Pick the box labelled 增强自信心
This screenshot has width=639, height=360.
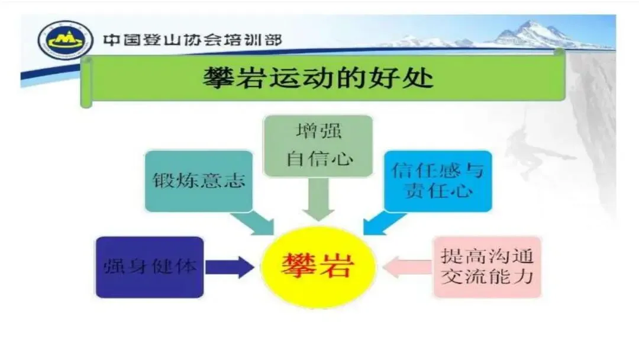point(318,146)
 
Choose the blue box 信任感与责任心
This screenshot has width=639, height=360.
point(438,181)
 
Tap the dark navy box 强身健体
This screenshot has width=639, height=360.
point(149,266)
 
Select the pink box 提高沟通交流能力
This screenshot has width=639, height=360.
point(487,266)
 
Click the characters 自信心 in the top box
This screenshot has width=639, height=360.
point(318,159)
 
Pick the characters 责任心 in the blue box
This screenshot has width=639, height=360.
point(438,191)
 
